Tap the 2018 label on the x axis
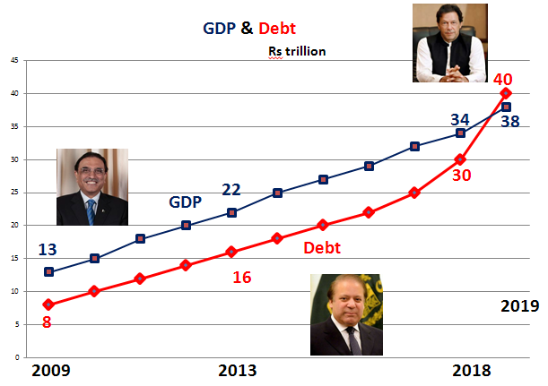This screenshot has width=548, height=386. tap(472, 370)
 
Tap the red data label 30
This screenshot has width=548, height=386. tap(462, 175)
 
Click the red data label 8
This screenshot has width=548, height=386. tap(47, 320)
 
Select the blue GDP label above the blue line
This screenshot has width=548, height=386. tap(187, 202)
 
